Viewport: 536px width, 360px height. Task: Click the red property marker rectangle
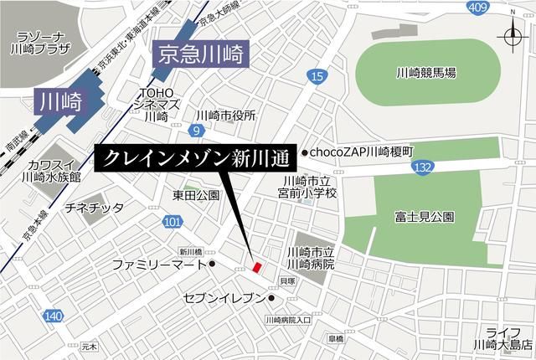(x=257, y=266)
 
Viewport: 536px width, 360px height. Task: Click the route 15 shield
(x=316, y=77)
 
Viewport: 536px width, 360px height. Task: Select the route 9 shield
(x=195, y=131)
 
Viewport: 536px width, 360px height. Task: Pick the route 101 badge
(x=172, y=221)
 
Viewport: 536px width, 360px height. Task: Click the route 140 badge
(x=53, y=315)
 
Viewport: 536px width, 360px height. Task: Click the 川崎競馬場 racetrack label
(x=426, y=73)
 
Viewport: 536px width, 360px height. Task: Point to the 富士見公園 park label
(x=425, y=216)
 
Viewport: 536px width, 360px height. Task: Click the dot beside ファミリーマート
(x=214, y=265)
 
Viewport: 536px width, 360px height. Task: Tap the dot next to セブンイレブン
(x=272, y=298)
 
